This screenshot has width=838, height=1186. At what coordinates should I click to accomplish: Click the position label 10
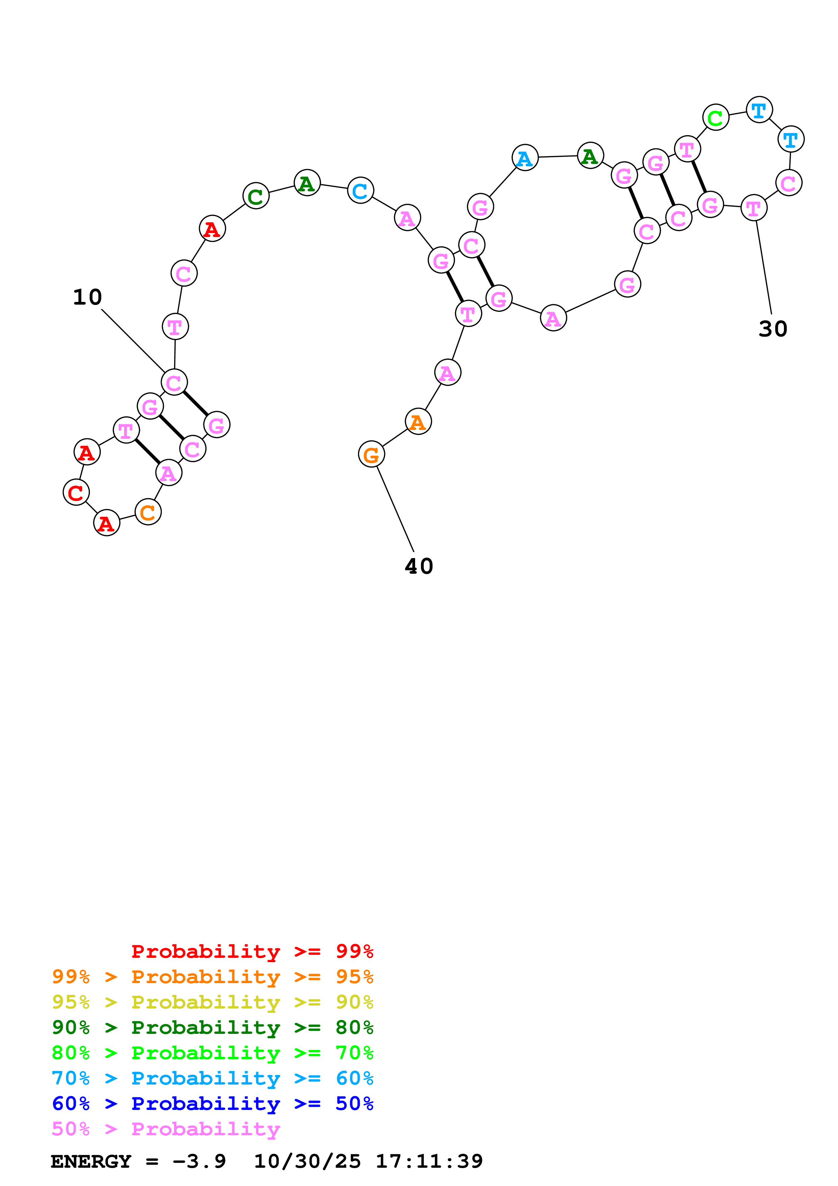(x=87, y=297)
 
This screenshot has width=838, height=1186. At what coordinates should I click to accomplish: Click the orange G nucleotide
(x=371, y=455)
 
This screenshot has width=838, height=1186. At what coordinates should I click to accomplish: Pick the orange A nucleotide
(x=418, y=422)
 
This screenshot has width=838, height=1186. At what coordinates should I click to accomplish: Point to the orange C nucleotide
(x=148, y=513)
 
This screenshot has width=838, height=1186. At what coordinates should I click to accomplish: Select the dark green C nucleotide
(x=256, y=196)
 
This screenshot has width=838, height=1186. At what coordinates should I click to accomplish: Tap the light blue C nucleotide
(x=360, y=191)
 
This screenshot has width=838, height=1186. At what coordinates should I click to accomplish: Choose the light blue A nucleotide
(x=525, y=158)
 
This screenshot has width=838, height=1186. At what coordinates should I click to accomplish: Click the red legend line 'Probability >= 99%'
(x=252, y=951)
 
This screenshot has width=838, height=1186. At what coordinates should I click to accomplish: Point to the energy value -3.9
(x=199, y=1161)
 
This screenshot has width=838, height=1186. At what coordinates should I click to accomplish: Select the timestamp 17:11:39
(x=429, y=1161)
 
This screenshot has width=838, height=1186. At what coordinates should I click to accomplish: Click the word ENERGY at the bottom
(x=91, y=1161)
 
